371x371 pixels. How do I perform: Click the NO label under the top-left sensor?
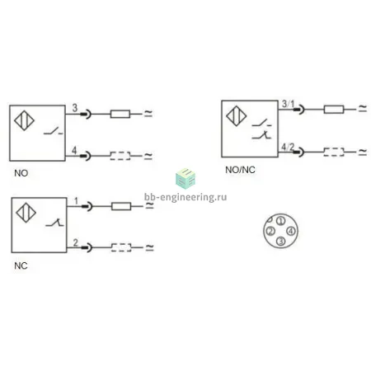(21, 173)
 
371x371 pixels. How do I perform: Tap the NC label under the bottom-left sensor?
(21, 265)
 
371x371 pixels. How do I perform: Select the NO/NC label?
(240, 170)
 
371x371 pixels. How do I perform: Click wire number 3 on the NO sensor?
(75, 108)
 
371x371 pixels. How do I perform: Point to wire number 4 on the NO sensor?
(74, 150)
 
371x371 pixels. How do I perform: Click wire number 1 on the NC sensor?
(76, 201)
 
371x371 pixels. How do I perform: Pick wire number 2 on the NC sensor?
(76, 242)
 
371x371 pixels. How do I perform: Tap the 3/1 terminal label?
(288, 104)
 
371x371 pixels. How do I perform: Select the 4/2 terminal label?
(288, 147)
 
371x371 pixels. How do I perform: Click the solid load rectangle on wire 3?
(120, 114)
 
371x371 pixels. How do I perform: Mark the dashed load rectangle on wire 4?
(120, 156)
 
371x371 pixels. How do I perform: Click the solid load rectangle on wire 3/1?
(334, 110)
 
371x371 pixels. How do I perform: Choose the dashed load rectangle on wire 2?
(121, 247)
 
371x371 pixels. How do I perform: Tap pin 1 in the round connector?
(280, 221)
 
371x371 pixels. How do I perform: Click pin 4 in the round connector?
(291, 231)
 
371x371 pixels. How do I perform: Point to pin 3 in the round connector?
(280, 241)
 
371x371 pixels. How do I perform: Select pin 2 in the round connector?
(270, 231)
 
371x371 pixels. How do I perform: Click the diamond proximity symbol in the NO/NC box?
(236, 116)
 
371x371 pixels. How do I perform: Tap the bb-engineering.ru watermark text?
(185, 197)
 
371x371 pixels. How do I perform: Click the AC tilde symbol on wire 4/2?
(363, 152)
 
